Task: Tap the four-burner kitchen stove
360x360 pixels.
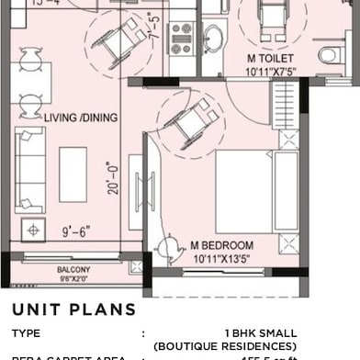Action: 181,38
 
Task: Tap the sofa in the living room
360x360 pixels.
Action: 30,169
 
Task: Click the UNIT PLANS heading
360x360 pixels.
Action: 73,308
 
